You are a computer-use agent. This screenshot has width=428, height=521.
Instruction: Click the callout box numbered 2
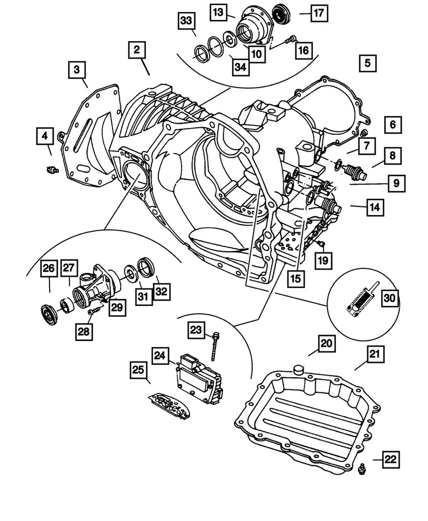(136, 51)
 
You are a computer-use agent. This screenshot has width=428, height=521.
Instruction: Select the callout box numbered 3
(77, 70)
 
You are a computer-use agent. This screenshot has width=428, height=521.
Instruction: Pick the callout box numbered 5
(367, 64)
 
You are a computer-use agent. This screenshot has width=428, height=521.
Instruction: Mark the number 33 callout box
(186, 21)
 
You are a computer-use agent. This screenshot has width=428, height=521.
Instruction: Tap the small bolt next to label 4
(51, 169)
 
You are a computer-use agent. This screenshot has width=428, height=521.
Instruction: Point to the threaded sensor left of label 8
(354, 172)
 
